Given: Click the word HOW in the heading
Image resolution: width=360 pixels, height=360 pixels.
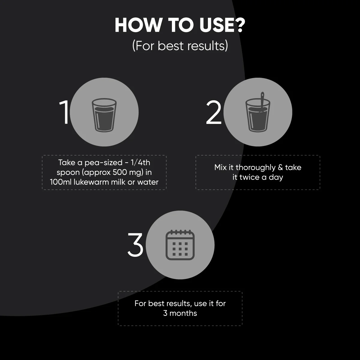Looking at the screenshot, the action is (x=138, y=25).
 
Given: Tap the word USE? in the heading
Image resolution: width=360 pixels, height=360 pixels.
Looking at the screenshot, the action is (x=222, y=25).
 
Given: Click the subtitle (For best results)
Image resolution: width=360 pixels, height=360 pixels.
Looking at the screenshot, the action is (x=180, y=46).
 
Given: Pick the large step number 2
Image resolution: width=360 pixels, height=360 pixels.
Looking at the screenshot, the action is (x=214, y=112).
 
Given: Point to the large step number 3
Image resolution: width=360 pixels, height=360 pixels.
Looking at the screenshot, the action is (x=135, y=245).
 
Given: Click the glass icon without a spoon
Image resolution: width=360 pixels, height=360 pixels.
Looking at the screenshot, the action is (x=104, y=115).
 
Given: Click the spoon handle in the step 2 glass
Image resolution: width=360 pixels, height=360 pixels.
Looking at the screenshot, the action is (x=262, y=100).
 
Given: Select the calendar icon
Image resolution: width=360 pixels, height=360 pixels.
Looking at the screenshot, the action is (x=180, y=245).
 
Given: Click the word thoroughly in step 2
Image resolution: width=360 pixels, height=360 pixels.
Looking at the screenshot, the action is (x=255, y=168).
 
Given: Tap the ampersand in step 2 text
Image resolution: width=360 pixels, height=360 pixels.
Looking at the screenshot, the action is (x=280, y=167).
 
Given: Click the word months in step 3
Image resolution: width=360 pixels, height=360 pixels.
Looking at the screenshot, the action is (x=183, y=313).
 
